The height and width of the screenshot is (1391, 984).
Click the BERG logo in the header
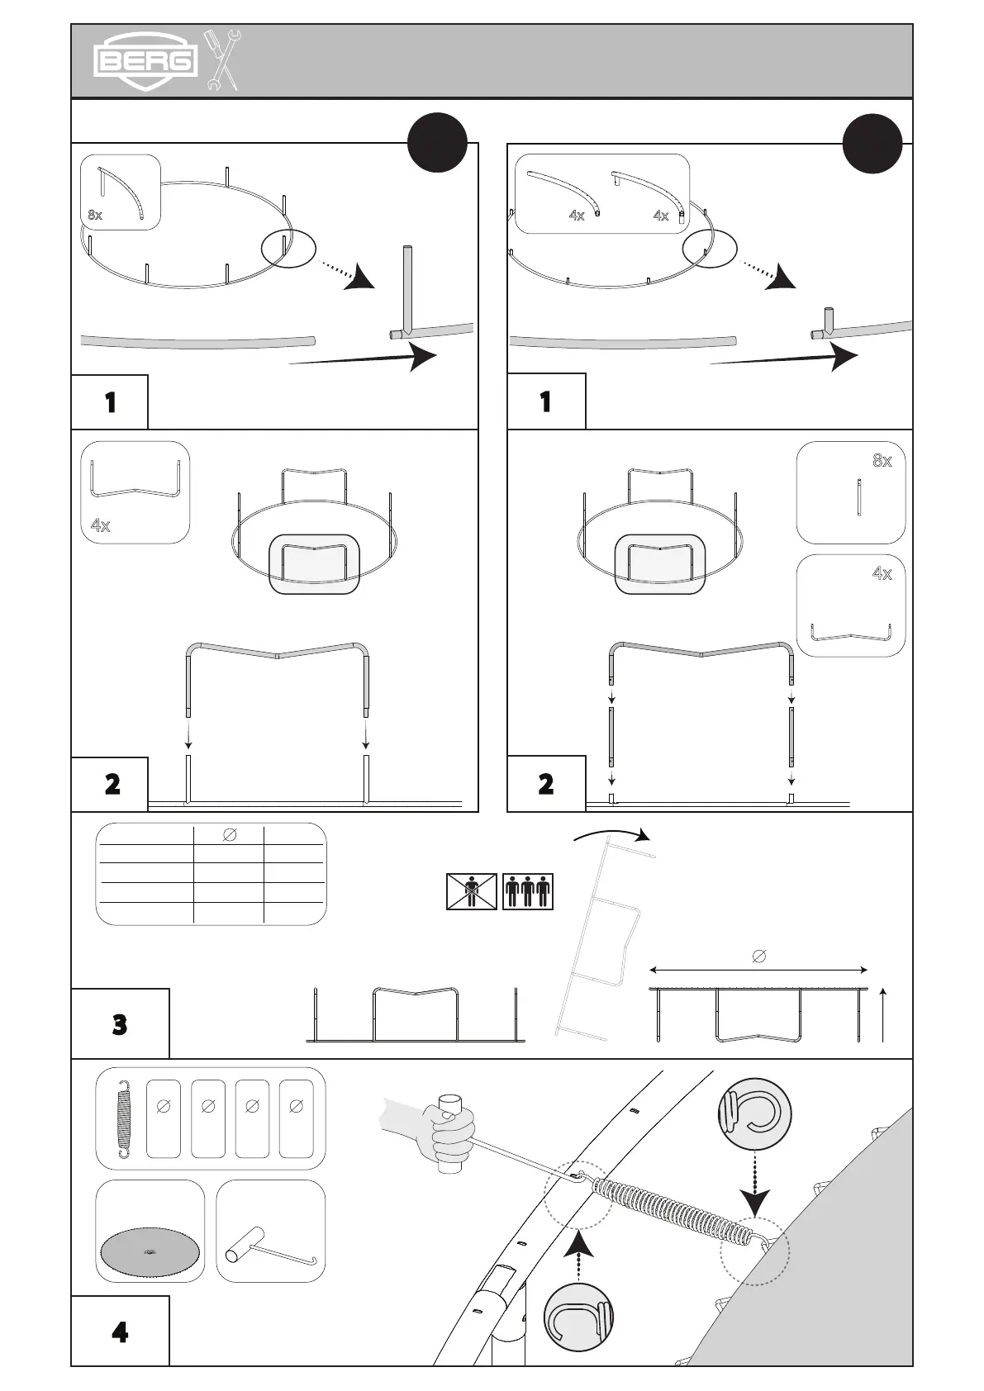pos(145,60)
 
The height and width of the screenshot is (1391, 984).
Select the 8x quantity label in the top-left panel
pos(95,216)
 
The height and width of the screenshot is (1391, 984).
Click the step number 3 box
pos(120,1025)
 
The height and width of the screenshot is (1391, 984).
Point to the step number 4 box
pos(120,1332)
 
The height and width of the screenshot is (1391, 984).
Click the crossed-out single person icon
pos(472,891)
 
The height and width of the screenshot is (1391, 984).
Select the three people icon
pos(527,891)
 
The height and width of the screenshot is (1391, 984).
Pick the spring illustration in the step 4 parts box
pos(124,1118)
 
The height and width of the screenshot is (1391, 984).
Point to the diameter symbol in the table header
pos(230,835)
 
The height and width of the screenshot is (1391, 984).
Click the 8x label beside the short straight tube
pos(882,461)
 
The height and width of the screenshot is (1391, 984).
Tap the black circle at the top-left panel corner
pos(438,142)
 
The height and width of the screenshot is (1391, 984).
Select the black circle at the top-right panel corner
pos(872,142)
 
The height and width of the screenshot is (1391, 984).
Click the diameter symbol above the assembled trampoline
pos(759,956)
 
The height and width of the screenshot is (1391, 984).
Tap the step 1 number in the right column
pos(545,401)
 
